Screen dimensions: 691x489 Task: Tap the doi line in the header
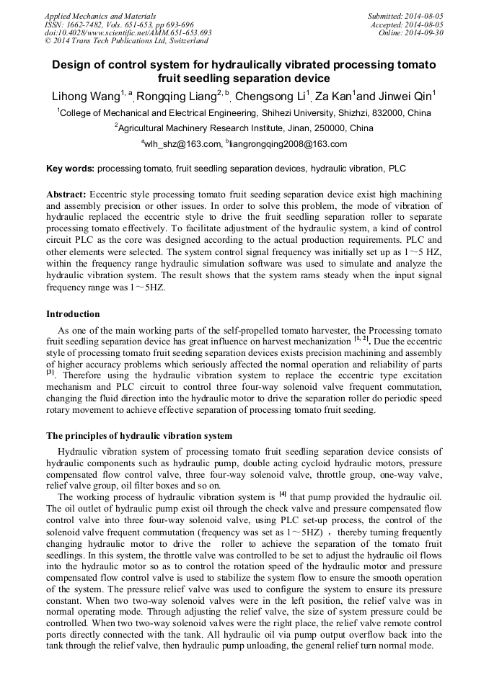click(x=128, y=32)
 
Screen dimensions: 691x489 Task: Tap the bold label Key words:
click(x=70, y=169)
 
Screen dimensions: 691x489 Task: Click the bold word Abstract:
click(x=66, y=195)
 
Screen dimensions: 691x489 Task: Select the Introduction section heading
click(x=73, y=314)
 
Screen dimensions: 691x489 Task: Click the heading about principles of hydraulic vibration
click(x=139, y=436)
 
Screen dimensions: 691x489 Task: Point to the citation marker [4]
click(x=283, y=494)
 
